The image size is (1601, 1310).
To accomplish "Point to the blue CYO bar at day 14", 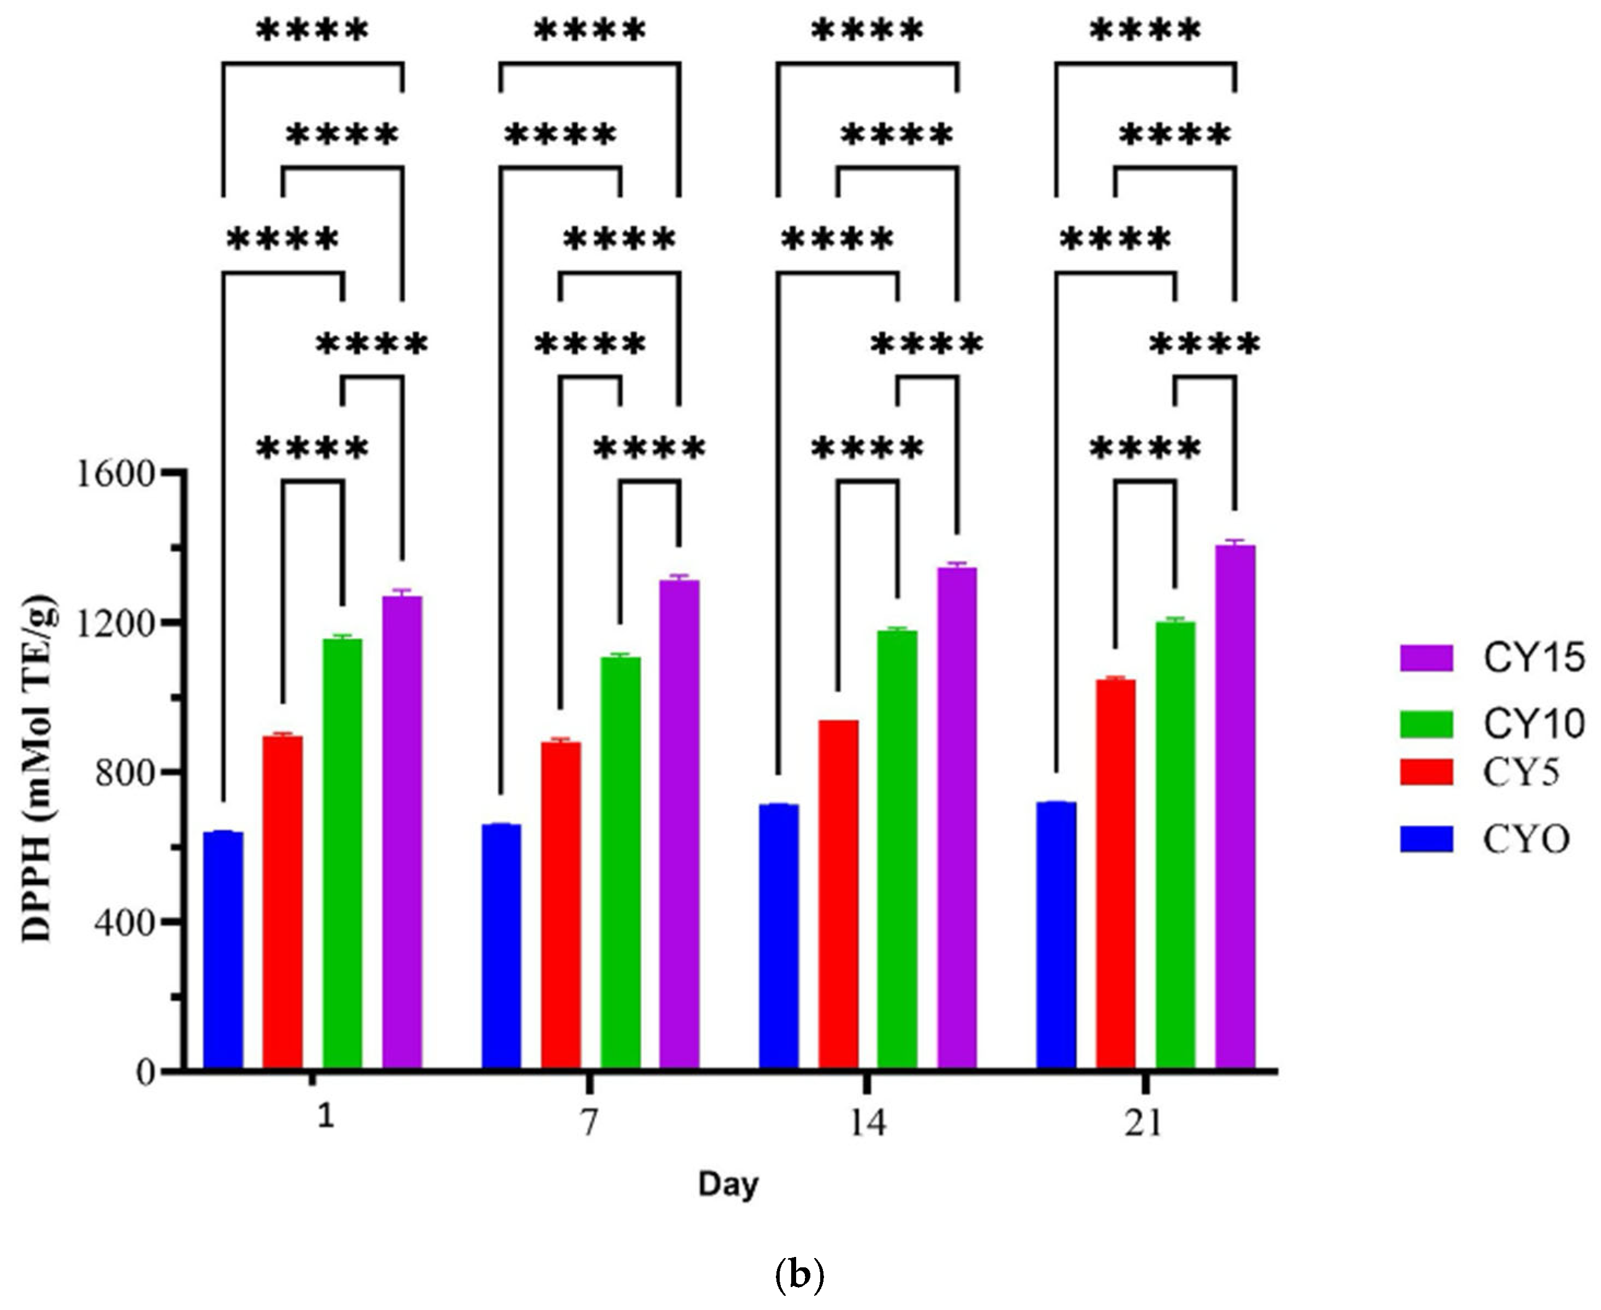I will pos(779,935).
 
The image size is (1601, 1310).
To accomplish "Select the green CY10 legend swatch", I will pos(1426,724).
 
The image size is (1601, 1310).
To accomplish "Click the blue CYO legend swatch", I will pos(1426,839).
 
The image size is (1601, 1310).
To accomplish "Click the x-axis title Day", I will pos(727,1185).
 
